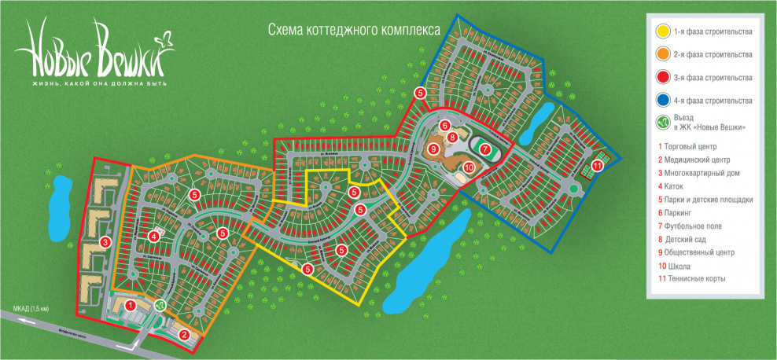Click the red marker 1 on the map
131,304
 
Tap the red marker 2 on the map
183,335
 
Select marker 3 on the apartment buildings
105,242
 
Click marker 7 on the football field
485,148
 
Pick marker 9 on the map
433,147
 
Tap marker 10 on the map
468,167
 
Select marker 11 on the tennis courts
598,165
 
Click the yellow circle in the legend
664,32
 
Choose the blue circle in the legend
664,101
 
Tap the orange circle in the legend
664,55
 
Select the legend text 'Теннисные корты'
697,279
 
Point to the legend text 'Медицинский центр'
698,160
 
